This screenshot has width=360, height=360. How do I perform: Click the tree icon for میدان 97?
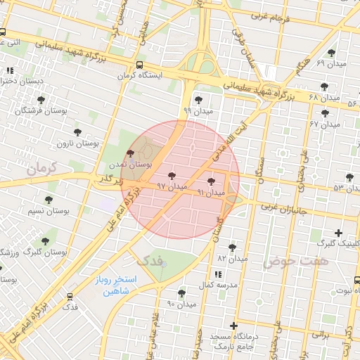[x=173, y=175]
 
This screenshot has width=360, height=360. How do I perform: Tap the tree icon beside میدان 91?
[x=211, y=181]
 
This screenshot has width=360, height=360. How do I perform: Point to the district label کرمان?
[x=40, y=169]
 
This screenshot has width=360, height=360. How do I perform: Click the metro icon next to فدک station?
[x=70, y=296]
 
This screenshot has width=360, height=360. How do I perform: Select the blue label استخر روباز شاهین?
[x=117, y=286]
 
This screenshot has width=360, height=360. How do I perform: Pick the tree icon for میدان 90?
[x=182, y=292]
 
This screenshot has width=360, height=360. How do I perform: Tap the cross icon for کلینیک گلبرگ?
[x=339, y=233]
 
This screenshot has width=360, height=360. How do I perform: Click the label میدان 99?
[x=197, y=110]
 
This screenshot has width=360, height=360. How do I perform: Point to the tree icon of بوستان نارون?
[x=77, y=131]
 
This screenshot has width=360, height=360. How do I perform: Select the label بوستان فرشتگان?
[x=41, y=110]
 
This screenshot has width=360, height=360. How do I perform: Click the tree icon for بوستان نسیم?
[x=49, y=200]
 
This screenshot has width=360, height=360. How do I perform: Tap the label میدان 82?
[x=233, y=258]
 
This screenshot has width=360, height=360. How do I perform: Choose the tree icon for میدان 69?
[x=332, y=53]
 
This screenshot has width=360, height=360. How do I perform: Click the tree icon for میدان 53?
[x=350, y=177]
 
